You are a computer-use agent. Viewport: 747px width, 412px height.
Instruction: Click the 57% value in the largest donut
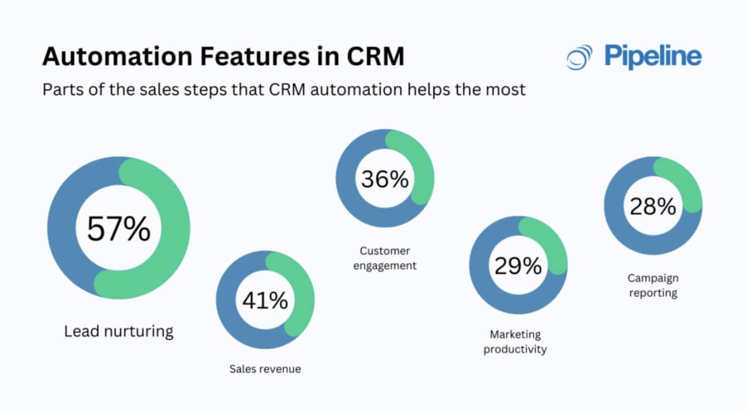(x=118, y=228)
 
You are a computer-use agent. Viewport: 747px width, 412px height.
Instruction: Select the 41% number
(x=265, y=300)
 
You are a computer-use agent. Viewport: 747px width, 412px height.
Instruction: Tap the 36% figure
(x=385, y=179)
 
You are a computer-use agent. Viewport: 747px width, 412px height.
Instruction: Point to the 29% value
(x=518, y=266)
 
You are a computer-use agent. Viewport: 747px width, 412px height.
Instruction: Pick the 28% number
(x=653, y=206)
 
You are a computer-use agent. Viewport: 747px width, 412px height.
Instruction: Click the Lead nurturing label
(x=118, y=331)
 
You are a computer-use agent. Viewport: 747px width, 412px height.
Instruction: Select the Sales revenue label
(x=265, y=368)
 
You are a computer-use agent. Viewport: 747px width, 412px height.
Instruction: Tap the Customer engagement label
(x=385, y=258)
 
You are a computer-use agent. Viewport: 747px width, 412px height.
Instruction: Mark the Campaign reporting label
(x=653, y=285)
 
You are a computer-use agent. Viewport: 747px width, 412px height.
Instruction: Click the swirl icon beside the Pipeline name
(x=579, y=58)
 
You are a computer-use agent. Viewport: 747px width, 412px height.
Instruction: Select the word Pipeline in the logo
(x=653, y=57)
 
